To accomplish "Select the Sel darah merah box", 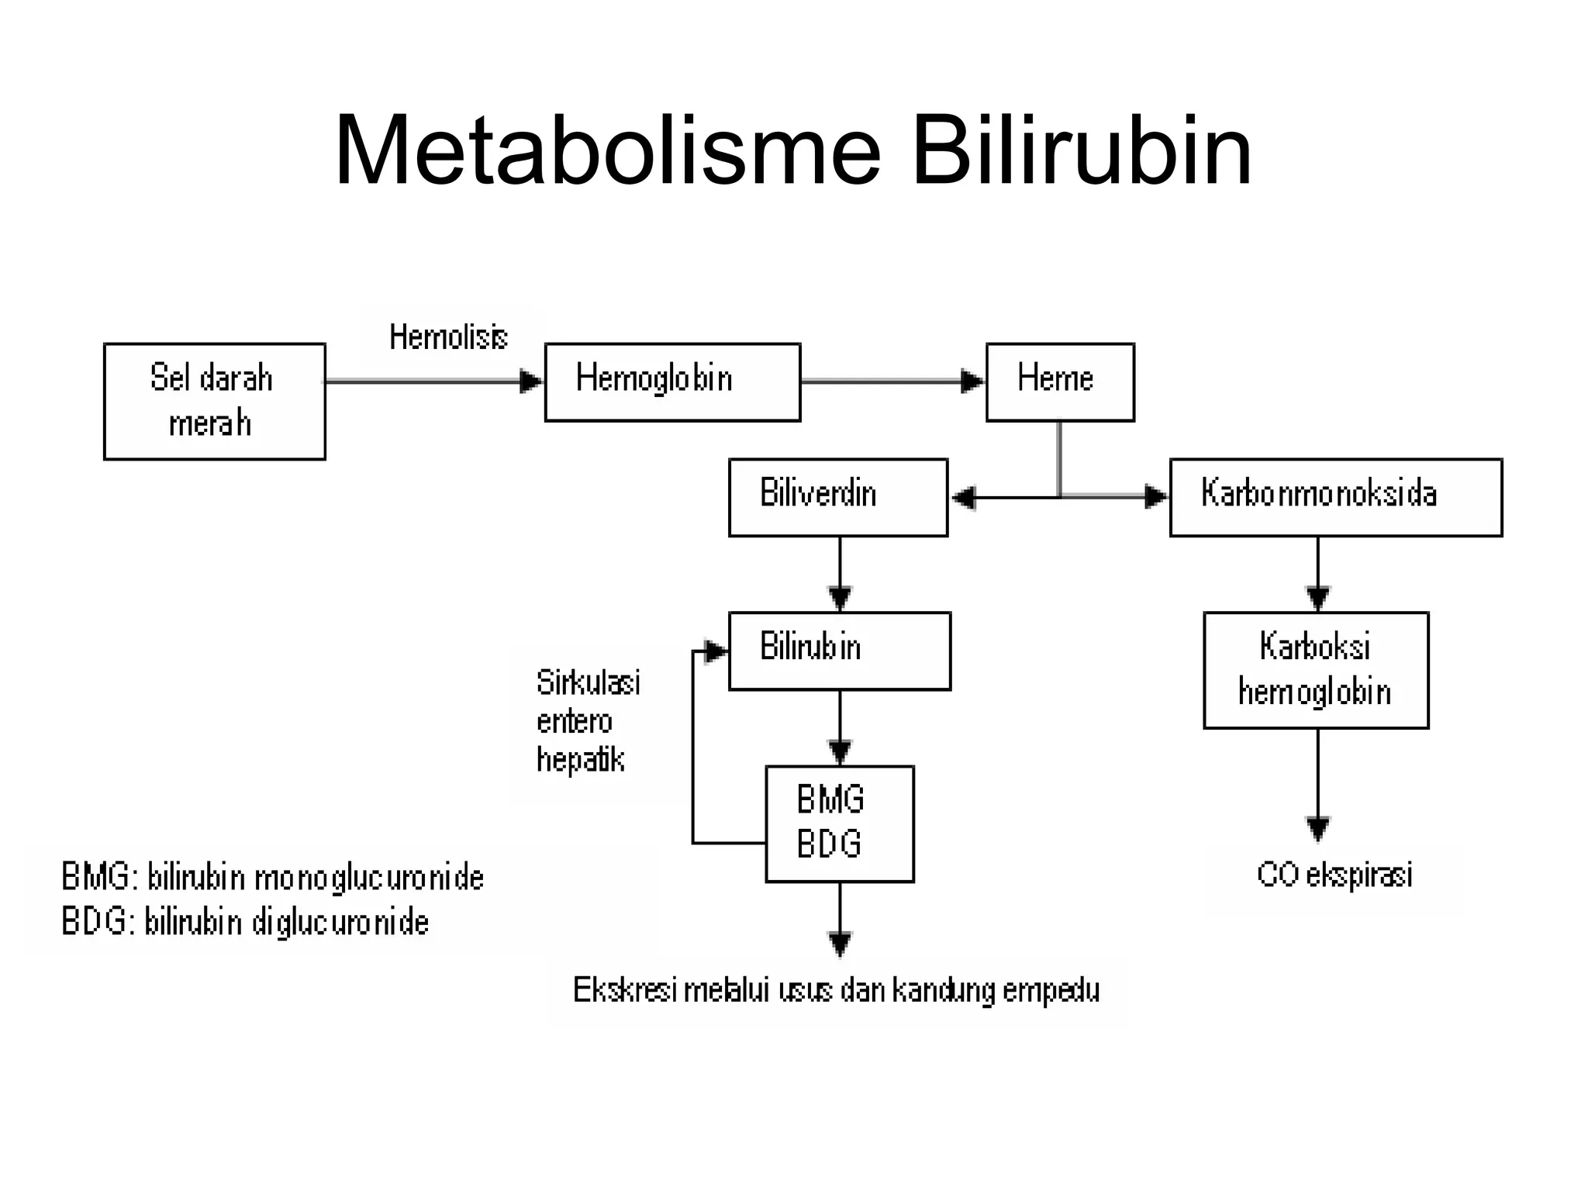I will point(214,401).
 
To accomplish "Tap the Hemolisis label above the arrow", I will point(448,337).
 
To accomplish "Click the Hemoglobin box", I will point(671,381).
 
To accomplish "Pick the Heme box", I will point(1059,381).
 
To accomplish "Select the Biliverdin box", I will point(837,497).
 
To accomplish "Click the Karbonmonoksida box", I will point(1335,497).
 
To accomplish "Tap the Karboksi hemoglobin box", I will point(1315,669).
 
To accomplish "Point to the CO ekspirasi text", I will point(1334,875).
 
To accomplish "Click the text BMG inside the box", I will point(830,799).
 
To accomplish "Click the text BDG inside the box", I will point(829,844).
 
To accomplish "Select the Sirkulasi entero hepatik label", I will point(587,721).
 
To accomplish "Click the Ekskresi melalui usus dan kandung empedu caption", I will point(836,990).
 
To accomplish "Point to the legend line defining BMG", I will point(272,878).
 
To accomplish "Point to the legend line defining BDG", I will point(245,923).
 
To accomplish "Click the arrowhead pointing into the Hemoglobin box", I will point(531,381).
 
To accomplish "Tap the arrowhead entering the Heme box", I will point(972,381).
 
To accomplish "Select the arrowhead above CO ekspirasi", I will point(1318,828).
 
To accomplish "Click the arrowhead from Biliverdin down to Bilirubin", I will point(841,598).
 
